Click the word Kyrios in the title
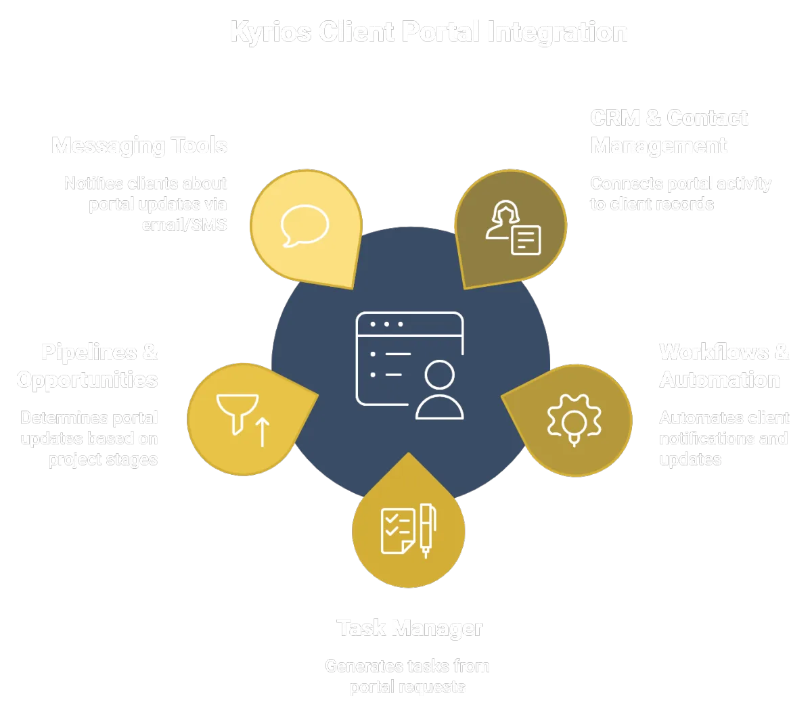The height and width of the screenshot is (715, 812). [271, 32]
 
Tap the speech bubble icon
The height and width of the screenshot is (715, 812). [305, 225]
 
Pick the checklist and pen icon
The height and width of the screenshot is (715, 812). [408, 530]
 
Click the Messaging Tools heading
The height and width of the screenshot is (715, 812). [139, 145]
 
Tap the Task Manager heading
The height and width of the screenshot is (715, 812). [410, 628]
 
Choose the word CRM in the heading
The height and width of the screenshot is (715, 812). [614, 118]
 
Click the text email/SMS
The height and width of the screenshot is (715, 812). [184, 225]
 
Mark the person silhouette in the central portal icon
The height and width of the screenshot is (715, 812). [440, 390]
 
